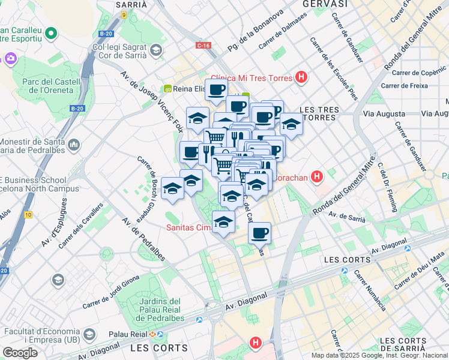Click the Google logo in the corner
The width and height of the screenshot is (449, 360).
pyautogui.click(x=20, y=353)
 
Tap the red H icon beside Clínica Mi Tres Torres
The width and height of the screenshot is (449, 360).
pyautogui.click(x=301, y=78)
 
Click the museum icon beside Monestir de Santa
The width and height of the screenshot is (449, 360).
pyautogui.click(x=74, y=145)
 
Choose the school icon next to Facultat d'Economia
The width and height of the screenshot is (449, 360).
pyautogui.click(x=89, y=334)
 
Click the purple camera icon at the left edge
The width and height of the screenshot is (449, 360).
pyautogui.click(x=11, y=58)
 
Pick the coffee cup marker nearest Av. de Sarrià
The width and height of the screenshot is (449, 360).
pyautogui.click(x=259, y=233)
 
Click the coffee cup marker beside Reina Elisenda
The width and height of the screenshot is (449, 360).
pyautogui.click(x=217, y=90)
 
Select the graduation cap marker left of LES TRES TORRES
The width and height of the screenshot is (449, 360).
pyautogui.click(x=291, y=124)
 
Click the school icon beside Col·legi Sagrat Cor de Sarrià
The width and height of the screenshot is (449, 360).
pyautogui.click(x=157, y=50)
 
